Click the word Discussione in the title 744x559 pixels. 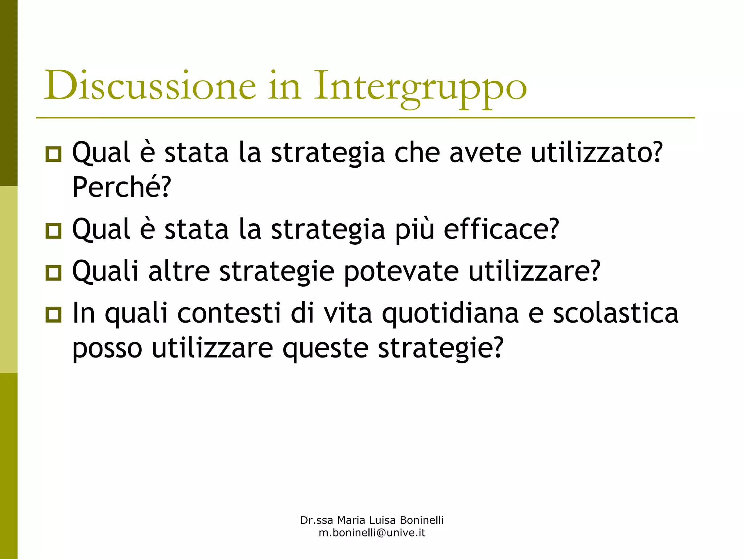[x=150, y=85]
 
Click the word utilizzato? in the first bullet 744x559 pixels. [x=597, y=153]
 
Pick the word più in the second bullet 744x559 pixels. [x=415, y=230]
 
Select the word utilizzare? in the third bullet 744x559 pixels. [x=534, y=271]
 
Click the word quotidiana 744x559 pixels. [x=450, y=314]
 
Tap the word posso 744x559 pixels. [x=107, y=348]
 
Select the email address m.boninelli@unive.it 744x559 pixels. [x=372, y=533]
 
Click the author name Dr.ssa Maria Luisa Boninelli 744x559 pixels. [x=372, y=520]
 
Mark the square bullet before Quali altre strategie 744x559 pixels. [x=54, y=272]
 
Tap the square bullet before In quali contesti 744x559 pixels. [x=54, y=314]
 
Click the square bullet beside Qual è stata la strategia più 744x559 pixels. [x=54, y=230]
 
